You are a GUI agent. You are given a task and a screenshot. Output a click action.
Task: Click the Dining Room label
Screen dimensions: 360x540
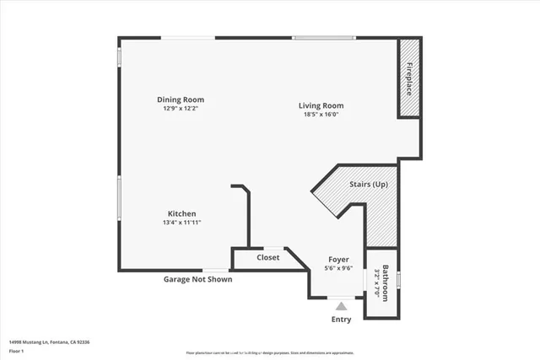pyautogui.click(x=184, y=99)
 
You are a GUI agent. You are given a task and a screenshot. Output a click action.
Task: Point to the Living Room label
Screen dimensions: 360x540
pyautogui.click(x=321, y=105)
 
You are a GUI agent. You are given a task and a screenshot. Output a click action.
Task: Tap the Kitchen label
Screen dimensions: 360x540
pyautogui.click(x=182, y=214)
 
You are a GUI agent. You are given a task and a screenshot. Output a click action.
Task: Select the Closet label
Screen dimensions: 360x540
pyautogui.click(x=268, y=258)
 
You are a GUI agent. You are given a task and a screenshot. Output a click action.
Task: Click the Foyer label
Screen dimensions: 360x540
pyautogui.click(x=338, y=260)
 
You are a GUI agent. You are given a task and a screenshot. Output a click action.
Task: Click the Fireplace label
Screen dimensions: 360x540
pyautogui.click(x=409, y=78)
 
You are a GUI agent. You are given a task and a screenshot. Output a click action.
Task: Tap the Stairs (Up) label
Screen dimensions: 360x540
pyautogui.click(x=369, y=183)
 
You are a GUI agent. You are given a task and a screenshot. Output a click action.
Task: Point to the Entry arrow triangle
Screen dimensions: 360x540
pyautogui.click(x=341, y=307)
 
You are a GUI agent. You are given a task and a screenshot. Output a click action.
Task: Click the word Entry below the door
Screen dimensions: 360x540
pyautogui.click(x=341, y=320)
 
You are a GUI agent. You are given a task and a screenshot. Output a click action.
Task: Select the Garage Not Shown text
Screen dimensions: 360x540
pyautogui.click(x=197, y=279)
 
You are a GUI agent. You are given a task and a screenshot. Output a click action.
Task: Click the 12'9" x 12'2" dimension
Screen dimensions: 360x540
pyautogui.click(x=184, y=109)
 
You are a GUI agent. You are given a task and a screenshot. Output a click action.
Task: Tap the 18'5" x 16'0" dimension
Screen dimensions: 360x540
pyautogui.click(x=321, y=115)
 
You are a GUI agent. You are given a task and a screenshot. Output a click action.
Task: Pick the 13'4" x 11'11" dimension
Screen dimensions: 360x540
pyautogui.click(x=182, y=223)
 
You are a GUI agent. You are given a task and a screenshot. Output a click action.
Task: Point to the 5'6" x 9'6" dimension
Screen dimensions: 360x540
pyautogui.click(x=338, y=268)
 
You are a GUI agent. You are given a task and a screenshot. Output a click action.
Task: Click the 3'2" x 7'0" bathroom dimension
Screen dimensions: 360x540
pyautogui.click(x=376, y=284)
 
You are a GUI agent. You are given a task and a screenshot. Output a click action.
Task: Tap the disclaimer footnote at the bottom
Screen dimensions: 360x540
pyautogui.click(x=270, y=352)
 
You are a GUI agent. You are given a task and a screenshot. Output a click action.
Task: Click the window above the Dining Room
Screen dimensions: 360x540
pyautogui.click(x=188, y=37)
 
